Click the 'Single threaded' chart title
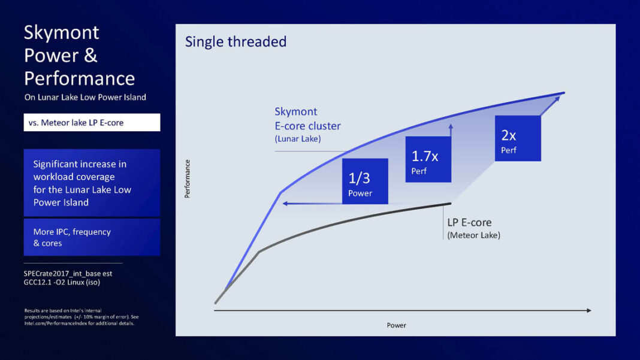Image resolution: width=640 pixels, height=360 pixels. point(236,42)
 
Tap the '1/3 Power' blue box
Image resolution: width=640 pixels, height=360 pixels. point(365,181)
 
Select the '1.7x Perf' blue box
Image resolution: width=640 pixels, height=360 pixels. point(428,159)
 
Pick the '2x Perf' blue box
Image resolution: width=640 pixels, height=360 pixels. point(518,138)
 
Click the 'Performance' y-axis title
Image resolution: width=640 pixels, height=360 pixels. point(188,179)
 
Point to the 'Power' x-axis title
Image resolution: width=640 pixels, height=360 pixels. point(396,325)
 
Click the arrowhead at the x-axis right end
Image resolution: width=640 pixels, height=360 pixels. point(588,310)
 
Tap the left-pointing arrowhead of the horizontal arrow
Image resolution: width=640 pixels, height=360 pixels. point(286,204)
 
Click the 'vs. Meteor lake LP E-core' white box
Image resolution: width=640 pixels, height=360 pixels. point(92,123)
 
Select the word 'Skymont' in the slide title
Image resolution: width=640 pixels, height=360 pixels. point(62,32)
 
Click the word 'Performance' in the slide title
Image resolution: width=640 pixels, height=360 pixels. point(79,78)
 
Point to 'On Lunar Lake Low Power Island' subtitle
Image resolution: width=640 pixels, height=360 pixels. point(84,98)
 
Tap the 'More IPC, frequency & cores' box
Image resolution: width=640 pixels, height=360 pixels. point(92,237)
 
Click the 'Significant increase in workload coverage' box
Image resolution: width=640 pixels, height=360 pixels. point(92,183)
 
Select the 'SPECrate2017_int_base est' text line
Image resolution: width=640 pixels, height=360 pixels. point(68,273)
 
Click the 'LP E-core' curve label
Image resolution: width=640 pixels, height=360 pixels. point(469,222)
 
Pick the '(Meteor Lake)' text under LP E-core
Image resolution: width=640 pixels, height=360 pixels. point(473,235)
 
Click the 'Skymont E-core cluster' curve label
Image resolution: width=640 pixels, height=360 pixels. point(307,119)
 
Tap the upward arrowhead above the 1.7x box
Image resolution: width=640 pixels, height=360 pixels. point(451,126)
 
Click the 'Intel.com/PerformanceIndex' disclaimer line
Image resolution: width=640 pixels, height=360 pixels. point(79,323)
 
